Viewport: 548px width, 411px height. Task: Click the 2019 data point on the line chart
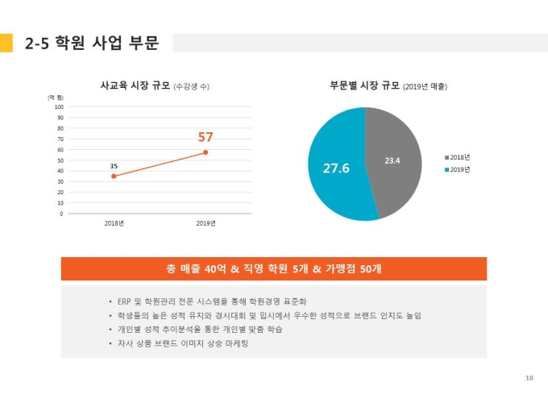(x=205, y=152)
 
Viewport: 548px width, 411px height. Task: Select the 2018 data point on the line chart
(x=114, y=176)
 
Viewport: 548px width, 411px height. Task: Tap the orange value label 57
(x=205, y=137)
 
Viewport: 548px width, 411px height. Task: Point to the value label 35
(x=114, y=166)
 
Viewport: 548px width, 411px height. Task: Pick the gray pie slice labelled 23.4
(x=393, y=160)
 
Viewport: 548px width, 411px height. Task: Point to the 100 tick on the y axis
(x=59, y=106)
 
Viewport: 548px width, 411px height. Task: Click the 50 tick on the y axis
(x=60, y=160)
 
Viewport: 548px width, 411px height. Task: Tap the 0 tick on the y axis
(x=61, y=214)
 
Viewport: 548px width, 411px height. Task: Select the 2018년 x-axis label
(x=114, y=223)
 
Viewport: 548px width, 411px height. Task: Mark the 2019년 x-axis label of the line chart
(x=205, y=223)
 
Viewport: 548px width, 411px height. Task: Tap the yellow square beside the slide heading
(x=6, y=43)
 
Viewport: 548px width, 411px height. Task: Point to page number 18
(x=529, y=377)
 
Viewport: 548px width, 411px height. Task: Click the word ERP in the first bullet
(x=125, y=301)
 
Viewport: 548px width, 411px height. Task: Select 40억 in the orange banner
(x=216, y=268)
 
